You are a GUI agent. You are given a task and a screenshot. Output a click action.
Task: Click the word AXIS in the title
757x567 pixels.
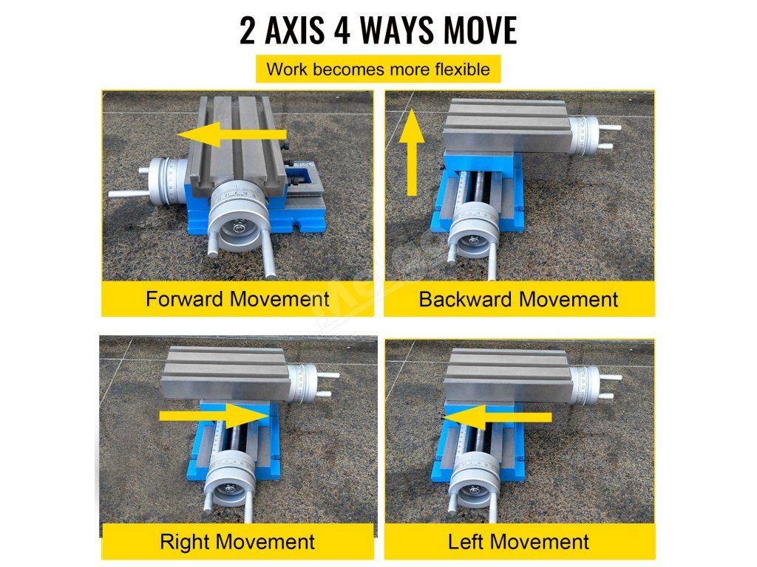click(x=295, y=30)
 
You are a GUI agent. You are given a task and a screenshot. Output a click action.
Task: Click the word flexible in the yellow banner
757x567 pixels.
click(x=462, y=69)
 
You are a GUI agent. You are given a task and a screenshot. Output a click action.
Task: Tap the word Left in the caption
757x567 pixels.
click(x=465, y=541)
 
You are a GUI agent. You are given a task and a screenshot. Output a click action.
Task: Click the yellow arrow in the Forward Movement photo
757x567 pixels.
click(x=231, y=134)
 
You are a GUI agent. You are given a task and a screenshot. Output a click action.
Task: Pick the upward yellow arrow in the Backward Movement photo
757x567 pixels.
click(x=412, y=152)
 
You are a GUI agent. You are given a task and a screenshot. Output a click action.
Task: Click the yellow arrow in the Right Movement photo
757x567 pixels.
click(x=214, y=416)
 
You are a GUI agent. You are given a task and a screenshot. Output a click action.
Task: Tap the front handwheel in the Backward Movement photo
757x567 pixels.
click(x=474, y=230)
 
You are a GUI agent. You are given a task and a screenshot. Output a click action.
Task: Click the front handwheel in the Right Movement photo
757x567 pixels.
click(x=230, y=478)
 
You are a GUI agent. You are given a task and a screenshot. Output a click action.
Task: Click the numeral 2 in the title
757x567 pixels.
click(x=247, y=31)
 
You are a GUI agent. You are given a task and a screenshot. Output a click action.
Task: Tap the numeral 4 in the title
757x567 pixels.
click(x=342, y=31)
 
